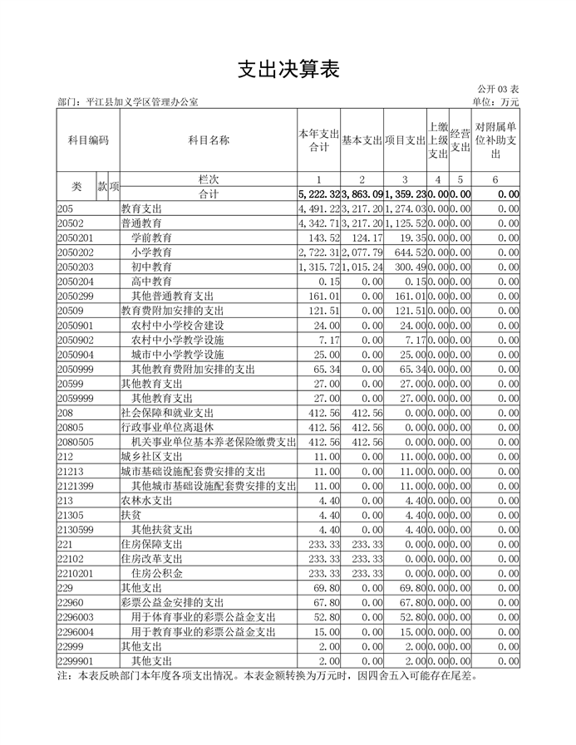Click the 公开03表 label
coord(498,89)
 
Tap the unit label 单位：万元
coord(495,102)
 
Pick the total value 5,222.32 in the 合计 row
coord(318,194)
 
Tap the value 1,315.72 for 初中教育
coord(319,266)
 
